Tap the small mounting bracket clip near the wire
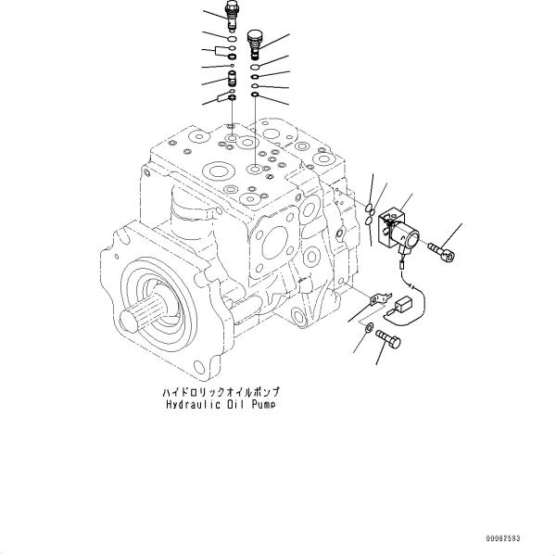pos(376,298)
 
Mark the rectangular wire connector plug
pos(405,309)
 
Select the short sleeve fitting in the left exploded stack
pos(231,77)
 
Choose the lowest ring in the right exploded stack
pos(255,96)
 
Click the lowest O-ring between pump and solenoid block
pos(371,222)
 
